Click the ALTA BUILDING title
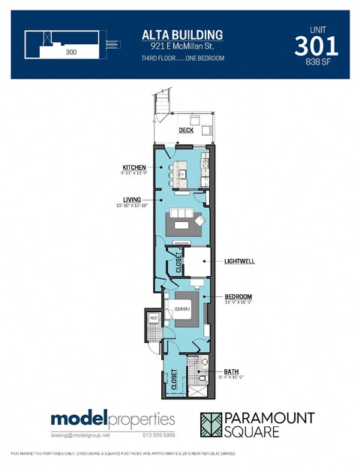(182, 35)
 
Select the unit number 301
(316, 46)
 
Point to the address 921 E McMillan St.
(182, 47)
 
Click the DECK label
(186, 131)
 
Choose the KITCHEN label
(134, 167)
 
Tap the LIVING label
(133, 200)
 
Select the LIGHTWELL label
(240, 262)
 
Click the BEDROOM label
(238, 296)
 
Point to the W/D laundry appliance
(154, 317)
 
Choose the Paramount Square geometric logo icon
(215, 425)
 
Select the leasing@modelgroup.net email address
(79, 435)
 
